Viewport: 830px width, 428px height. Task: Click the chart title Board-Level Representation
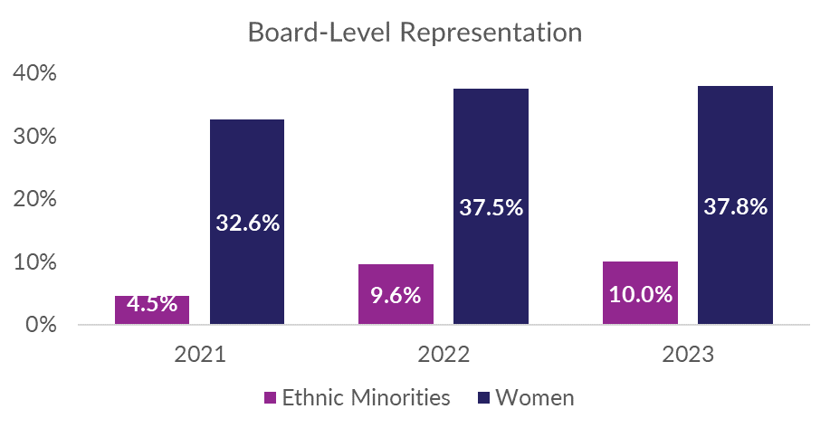pyautogui.click(x=415, y=33)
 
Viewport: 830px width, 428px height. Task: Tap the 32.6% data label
pyautogui.click(x=247, y=223)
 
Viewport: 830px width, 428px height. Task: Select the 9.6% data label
pyautogui.click(x=396, y=295)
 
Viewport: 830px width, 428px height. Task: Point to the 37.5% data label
pyautogui.click(x=491, y=207)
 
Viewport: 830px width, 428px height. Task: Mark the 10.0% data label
pyautogui.click(x=640, y=294)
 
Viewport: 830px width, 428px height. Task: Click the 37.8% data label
pyautogui.click(x=735, y=206)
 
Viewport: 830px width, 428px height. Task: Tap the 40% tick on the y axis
pyautogui.click(x=35, y=73)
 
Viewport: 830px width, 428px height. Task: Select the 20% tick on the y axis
pyautogui.click(x=35, y=199)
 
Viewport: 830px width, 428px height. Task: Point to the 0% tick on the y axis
pyautogui.click(x=41, y=324)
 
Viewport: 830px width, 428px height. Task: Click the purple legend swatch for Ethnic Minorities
pyautogui.click(x=269, y=396)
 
